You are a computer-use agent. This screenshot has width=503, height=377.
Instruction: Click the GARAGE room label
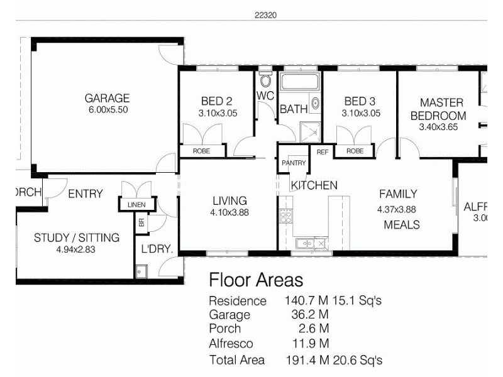tap(107, 98)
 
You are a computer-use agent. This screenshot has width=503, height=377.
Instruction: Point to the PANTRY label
tap(294, 163)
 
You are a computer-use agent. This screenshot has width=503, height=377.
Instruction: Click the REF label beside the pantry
tap(323, 151)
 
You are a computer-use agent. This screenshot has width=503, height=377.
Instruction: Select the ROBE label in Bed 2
tap(201, 151)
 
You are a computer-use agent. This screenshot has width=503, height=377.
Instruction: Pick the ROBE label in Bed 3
tap(355, 151)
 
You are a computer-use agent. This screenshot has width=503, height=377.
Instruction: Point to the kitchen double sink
tap(312, 242)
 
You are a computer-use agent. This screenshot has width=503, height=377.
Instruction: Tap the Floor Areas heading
tap(255, 279)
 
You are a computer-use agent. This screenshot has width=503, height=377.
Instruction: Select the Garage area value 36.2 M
tap(307, 314)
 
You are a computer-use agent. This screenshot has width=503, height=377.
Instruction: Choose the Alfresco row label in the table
tap(231, 344)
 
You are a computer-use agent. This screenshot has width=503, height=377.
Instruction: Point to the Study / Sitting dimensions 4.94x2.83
tap(76, 249)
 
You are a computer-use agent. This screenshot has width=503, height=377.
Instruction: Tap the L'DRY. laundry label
tap(157, 249)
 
